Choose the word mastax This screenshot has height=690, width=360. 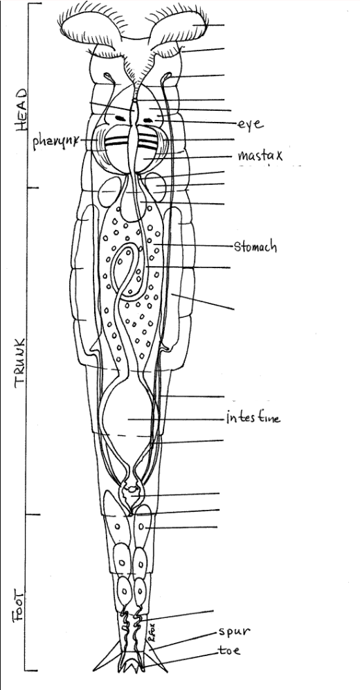point(259,155)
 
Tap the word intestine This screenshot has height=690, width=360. point(253,419)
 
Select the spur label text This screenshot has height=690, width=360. point(235,632)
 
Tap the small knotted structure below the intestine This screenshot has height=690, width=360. point(131,493)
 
